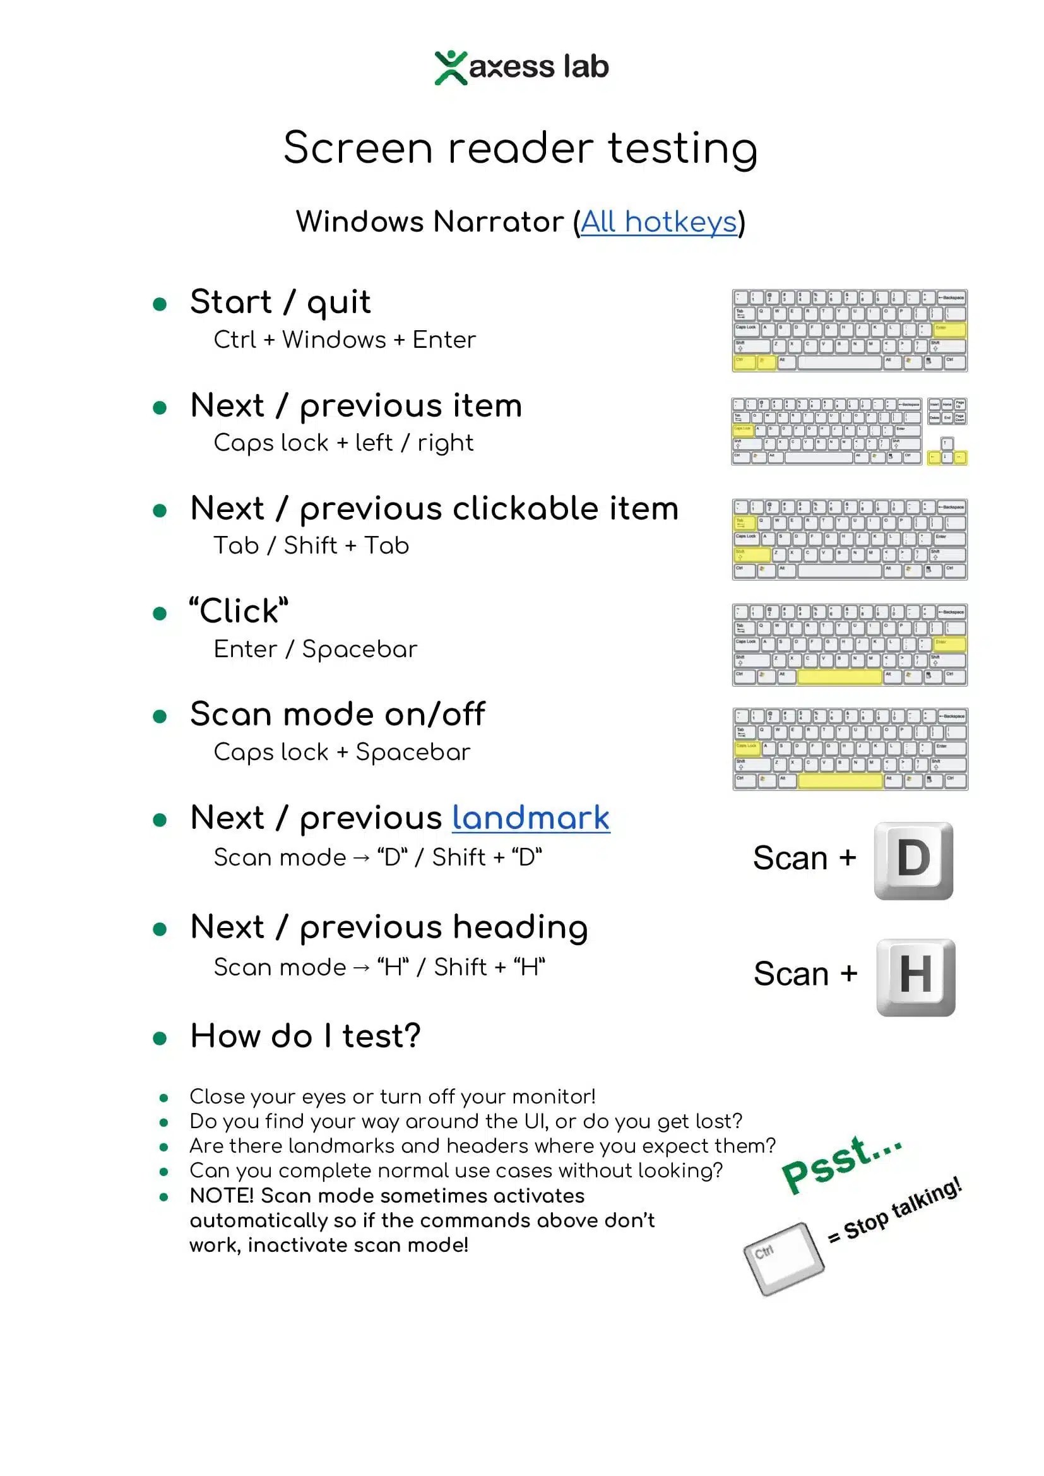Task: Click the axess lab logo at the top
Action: point(521,67)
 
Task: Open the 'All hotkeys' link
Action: point(658,222)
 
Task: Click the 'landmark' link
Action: point(530,818)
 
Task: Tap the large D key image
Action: point(913,860)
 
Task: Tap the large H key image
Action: point(915,977)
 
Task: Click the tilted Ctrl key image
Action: point(784,1258)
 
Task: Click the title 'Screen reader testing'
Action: point(521,148)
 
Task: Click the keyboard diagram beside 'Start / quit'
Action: point(849,330)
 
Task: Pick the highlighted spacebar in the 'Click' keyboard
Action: point(839,676)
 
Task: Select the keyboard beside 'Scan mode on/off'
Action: point(850,749)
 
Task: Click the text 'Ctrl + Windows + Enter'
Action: point(345,340)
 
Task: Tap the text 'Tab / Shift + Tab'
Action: point(311,546)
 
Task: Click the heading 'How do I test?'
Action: point(305,1036)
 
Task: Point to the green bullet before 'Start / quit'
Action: point(160,304)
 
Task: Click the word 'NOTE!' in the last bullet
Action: point(222,1196)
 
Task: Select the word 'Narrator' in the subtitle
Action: point(498,222)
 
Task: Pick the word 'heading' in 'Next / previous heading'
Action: point(520,928)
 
